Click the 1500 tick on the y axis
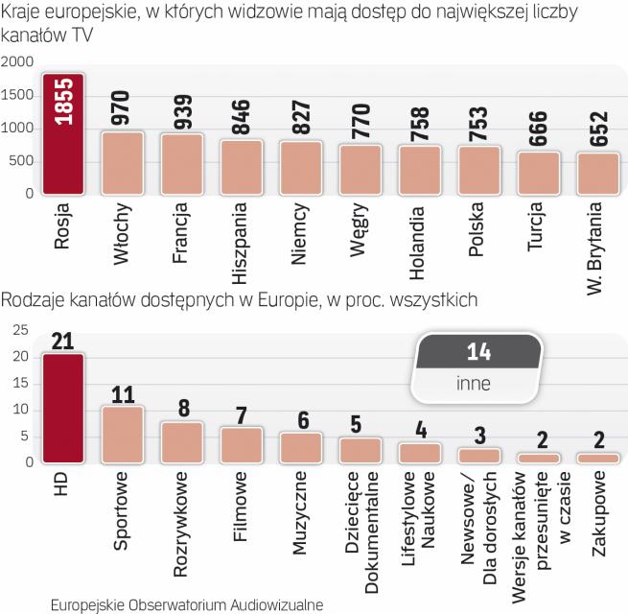pos(18,96)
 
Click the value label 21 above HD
pos(62,342)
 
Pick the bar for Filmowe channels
pos(242,445)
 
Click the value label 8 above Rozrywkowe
pos(182,410)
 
